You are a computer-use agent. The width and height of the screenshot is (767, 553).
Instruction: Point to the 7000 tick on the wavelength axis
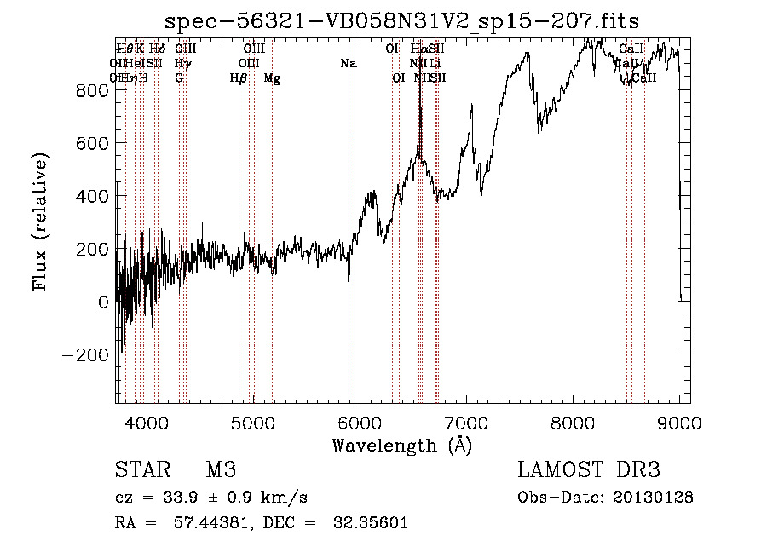pos(466,422)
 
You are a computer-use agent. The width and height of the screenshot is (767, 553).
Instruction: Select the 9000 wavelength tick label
pos(680,422)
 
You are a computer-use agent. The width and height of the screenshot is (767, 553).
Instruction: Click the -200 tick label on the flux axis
pos(85,354)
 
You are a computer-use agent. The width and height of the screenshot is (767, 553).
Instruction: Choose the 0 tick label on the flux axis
pos(103,302)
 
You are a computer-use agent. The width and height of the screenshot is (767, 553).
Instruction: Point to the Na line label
pos(348,64)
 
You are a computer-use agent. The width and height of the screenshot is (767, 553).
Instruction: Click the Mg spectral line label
pos(272,78)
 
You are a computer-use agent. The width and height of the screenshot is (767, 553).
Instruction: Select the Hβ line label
pos(239,78)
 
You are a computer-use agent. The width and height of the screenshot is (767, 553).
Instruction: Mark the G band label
pos(179,78)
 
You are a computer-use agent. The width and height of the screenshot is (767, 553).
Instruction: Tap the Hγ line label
pos(182,64)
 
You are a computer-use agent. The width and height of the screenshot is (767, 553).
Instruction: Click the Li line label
pos(435,64)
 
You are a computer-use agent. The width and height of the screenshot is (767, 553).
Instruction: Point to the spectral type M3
pos(221,471)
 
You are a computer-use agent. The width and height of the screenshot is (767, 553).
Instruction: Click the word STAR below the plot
pos(143,471)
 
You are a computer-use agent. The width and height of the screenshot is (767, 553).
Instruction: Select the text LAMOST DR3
pos(589,471)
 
